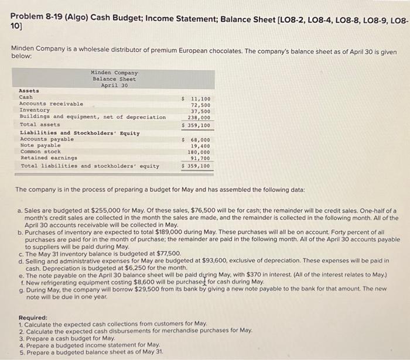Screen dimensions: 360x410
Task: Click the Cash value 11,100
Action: tap(201, 98)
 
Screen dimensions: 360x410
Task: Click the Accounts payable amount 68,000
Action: tap(201, 140)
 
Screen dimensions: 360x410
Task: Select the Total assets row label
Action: tap(40, 125)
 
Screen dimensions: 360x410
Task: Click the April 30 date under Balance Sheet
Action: tap(114, 85)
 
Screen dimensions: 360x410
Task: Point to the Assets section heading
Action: tap(29, 91)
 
